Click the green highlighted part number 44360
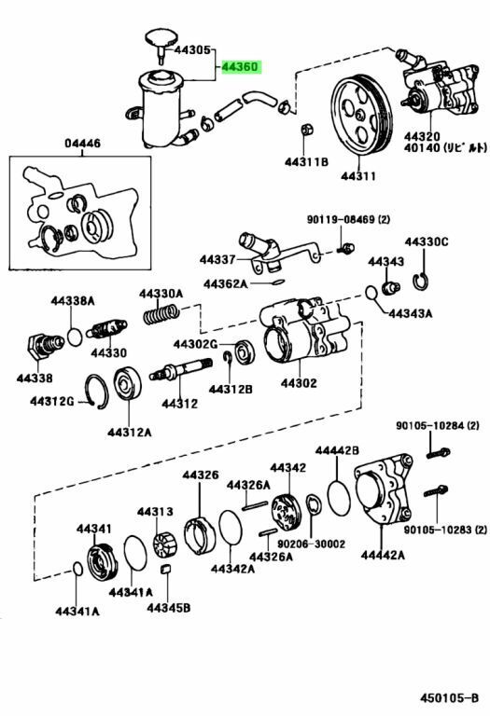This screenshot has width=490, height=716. pos(241,67)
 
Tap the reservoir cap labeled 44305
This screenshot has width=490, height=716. pos(159,42)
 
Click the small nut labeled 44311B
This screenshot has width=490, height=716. pos(306,130)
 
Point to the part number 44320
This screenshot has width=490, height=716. pos(422,136)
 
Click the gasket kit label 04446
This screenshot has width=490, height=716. pos(82,144)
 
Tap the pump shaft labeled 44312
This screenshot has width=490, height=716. pos(180,369)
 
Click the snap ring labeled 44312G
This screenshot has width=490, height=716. pos(97,392)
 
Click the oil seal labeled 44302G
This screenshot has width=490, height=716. pos(245,352)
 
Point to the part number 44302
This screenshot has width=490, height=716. pos(299,382)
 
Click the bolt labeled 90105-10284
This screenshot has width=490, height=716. pos(438,453)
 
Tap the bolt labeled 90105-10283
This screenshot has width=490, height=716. pos(435,491)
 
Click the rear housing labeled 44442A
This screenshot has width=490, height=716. pos(383,489)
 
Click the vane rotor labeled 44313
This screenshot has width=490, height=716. pos(164,544)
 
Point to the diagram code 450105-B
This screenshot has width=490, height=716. pos(450,697)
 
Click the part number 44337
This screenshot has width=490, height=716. pos(217,259)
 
